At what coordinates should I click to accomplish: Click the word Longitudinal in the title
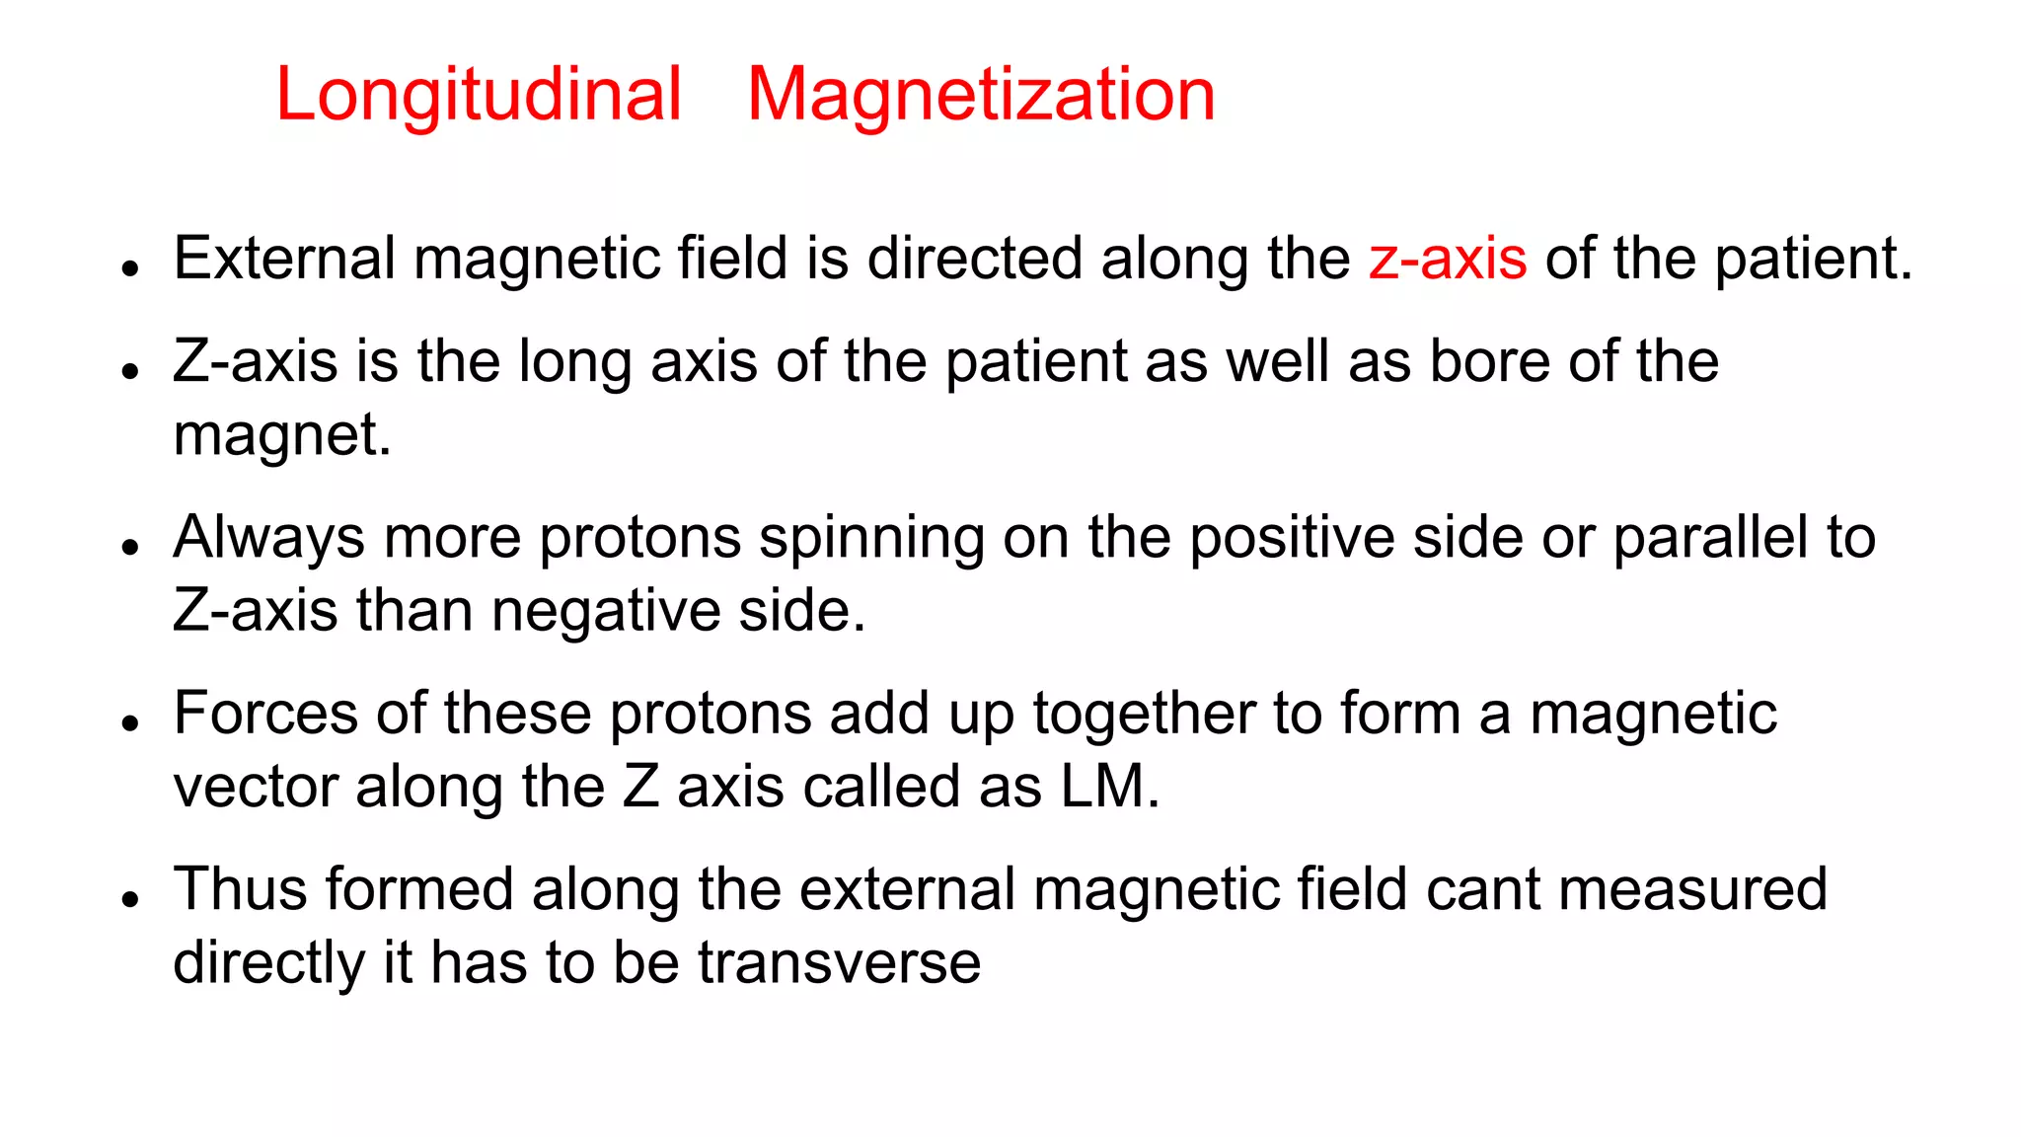(479, 95)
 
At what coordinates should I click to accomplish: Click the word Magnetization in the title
(981, 95)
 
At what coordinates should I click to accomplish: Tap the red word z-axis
(1448, 259)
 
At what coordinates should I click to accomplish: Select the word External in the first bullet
(284, 259)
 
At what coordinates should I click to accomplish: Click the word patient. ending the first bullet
(1814, 259)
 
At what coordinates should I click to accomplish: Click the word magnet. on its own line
(282, 435)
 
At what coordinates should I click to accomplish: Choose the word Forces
(265, 714)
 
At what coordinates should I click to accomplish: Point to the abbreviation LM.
(1110, 788)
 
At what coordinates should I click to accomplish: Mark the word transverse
(839, 963)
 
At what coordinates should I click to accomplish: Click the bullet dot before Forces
(130, 723)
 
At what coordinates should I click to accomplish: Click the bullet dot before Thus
(130, 899)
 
